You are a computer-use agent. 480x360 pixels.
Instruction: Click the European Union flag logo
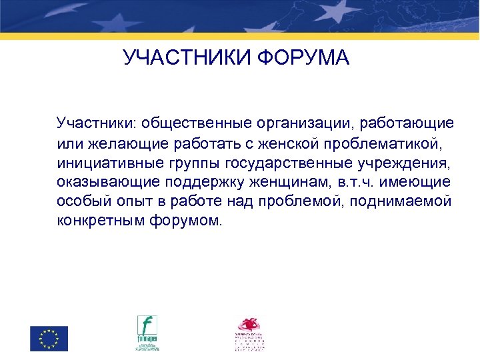[x=49, y=338]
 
